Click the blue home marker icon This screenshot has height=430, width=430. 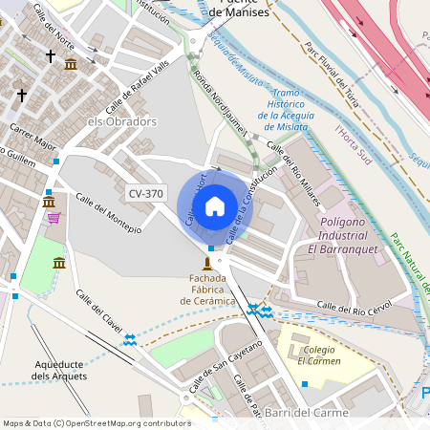[215, 205]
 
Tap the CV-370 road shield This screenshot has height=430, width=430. [146, 194]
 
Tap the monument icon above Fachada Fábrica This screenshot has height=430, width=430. [206, 262]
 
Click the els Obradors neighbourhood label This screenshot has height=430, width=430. [121, 122]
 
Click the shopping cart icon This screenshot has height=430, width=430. [54, 218]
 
